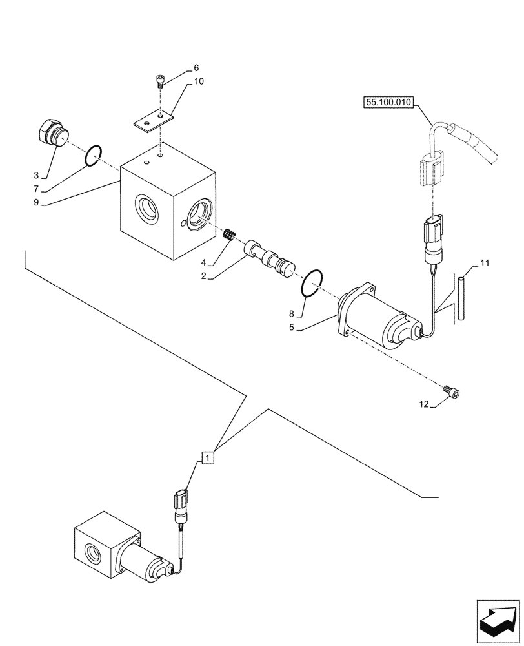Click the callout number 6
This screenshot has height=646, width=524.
[x=196, y=68]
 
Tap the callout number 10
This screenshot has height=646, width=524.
[x=198, y=81]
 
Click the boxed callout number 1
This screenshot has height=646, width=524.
[x=207, y=458]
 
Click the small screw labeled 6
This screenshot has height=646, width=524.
[x=160, y=81]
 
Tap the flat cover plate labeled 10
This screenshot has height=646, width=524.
[x=154, y=121]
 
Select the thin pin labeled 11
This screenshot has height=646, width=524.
[x=462, y=297]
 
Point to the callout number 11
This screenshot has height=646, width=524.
[x=485, y=263]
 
